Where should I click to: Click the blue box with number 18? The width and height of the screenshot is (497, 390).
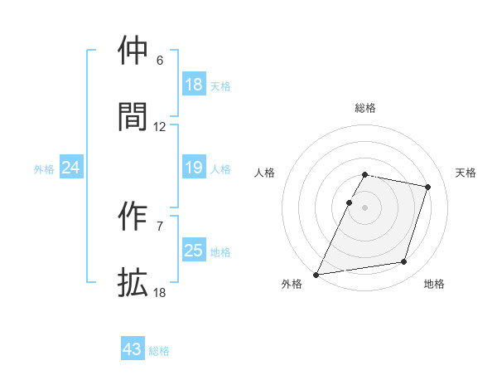pos(194,84)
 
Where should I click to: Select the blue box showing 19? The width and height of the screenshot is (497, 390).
pos(194,168)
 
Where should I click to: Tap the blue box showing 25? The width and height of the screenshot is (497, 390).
pos(194,251)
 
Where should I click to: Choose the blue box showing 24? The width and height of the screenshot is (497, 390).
pos(71,168)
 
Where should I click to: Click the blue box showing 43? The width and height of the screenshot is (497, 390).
pos(133,349)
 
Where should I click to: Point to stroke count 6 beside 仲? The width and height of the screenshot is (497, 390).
pos(160,61)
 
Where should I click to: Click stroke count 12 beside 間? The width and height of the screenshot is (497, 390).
pos(160,127)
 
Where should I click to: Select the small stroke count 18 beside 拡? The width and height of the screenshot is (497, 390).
pos(160,293)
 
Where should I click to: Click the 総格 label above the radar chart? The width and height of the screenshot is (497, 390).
pos(365,108)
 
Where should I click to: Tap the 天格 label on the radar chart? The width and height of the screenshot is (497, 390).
pos(466,173)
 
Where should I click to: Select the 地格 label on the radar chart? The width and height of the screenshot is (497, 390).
pos(434,284)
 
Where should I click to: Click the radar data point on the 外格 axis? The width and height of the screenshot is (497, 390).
pos(316,275)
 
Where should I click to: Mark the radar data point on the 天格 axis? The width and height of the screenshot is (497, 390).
pos(428,188)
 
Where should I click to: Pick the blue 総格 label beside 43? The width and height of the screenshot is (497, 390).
pos(160,351)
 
